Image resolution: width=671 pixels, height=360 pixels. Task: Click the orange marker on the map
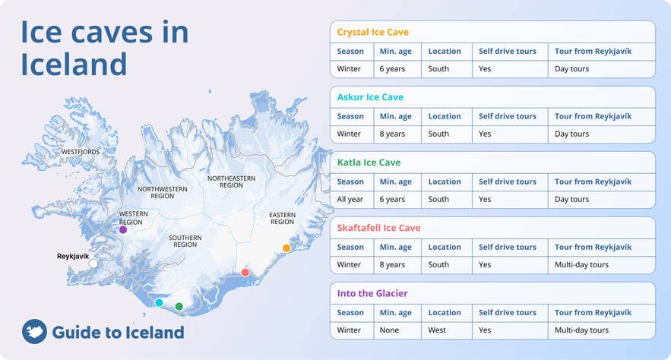coord(286,248)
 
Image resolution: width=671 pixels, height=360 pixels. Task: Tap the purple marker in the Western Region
coord(123,229)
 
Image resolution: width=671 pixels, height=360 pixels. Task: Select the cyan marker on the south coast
coord(159,302)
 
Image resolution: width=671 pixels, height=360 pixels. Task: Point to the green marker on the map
coord(179,306)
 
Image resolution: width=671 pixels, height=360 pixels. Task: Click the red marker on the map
coord(245,272)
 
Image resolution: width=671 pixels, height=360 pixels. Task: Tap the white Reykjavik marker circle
coord(93,264)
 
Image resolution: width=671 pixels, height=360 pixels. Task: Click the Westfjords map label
coord(81,152)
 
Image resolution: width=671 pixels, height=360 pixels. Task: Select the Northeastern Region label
coord(231,182)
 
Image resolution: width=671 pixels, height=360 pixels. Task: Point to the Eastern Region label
coord(282,219)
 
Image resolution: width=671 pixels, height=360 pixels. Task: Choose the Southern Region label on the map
coord(185,242)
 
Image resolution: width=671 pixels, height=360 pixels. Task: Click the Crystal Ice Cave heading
coord(372,32)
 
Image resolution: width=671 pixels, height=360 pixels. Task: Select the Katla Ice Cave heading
coord(369,163)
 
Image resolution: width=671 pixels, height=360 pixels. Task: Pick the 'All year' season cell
coord(350,199)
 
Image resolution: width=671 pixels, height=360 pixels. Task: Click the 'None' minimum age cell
coord(389,330)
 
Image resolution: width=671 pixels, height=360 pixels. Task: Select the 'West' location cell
coord(438,330)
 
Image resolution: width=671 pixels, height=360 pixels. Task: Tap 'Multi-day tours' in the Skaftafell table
coord(581,265)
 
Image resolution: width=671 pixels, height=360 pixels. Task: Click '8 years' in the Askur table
coord(392,134)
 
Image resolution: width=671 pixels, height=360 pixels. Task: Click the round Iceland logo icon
coord(34,332)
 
